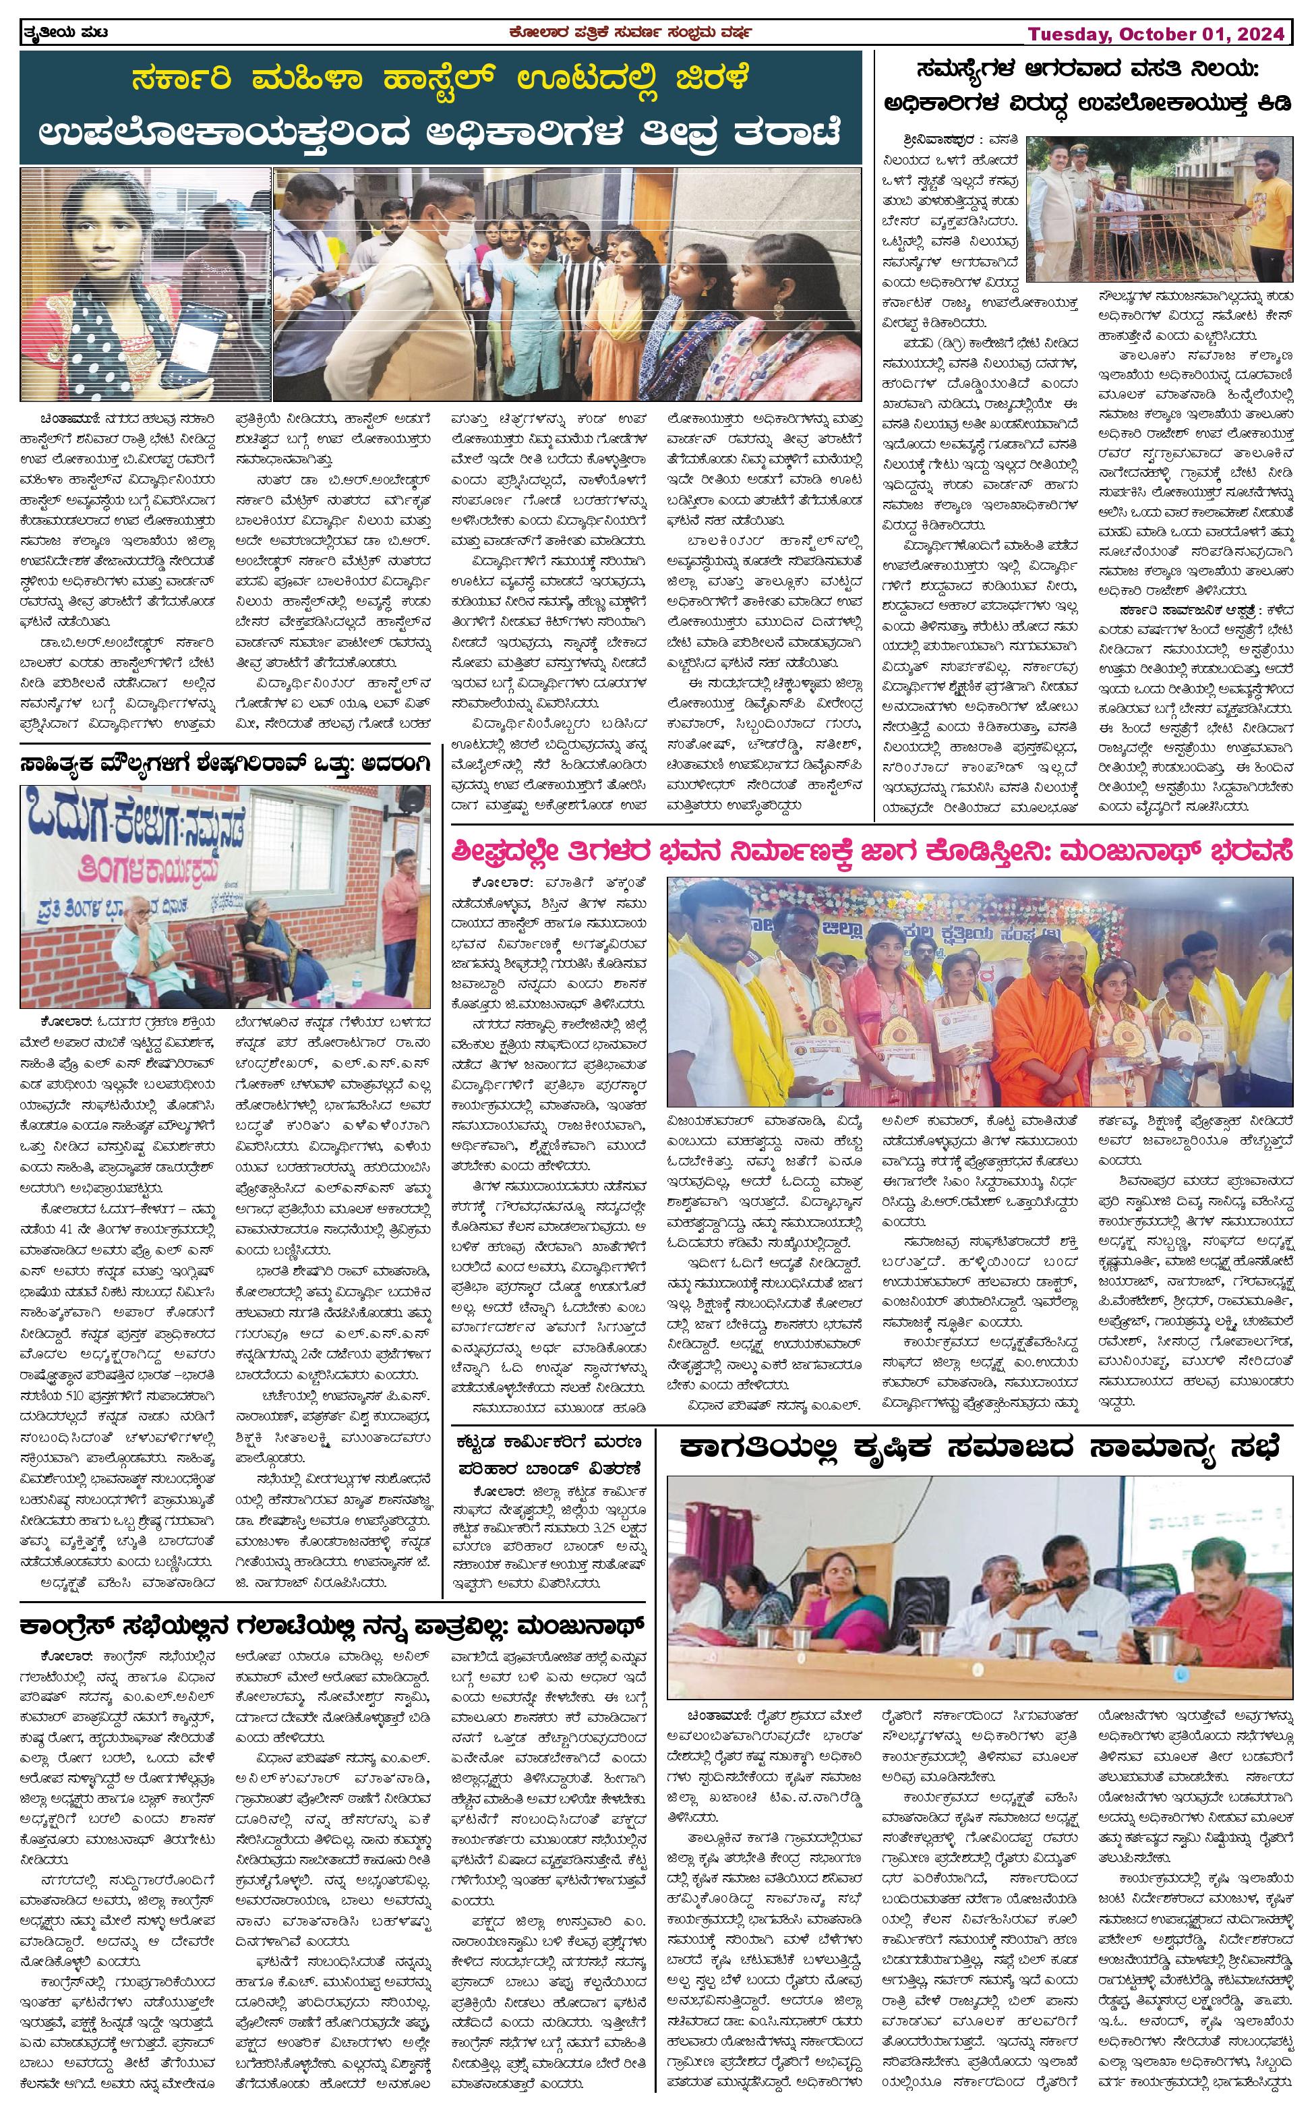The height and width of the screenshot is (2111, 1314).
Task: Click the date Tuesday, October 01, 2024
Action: click(1156, 34)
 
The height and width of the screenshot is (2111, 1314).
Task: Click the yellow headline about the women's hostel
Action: click(442, 80)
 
